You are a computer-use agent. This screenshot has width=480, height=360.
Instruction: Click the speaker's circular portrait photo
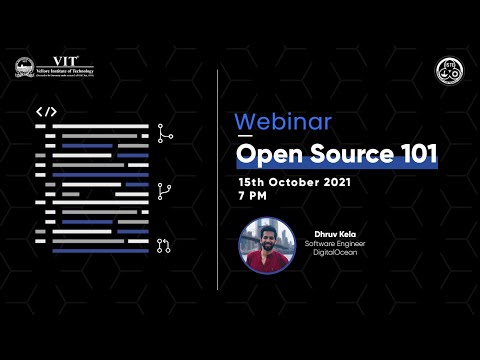coord(268,245)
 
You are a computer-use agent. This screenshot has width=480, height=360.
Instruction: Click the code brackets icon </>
coord(45,112)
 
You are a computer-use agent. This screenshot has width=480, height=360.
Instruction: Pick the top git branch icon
coord(164,133)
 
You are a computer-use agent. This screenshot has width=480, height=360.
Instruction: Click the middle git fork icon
coord(164,190)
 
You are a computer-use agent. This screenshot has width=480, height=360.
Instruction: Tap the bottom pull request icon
coord(164,244)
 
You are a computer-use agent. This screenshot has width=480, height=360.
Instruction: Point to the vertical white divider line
coord(218,180)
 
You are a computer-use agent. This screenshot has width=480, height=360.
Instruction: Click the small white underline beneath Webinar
coord(245,133)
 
